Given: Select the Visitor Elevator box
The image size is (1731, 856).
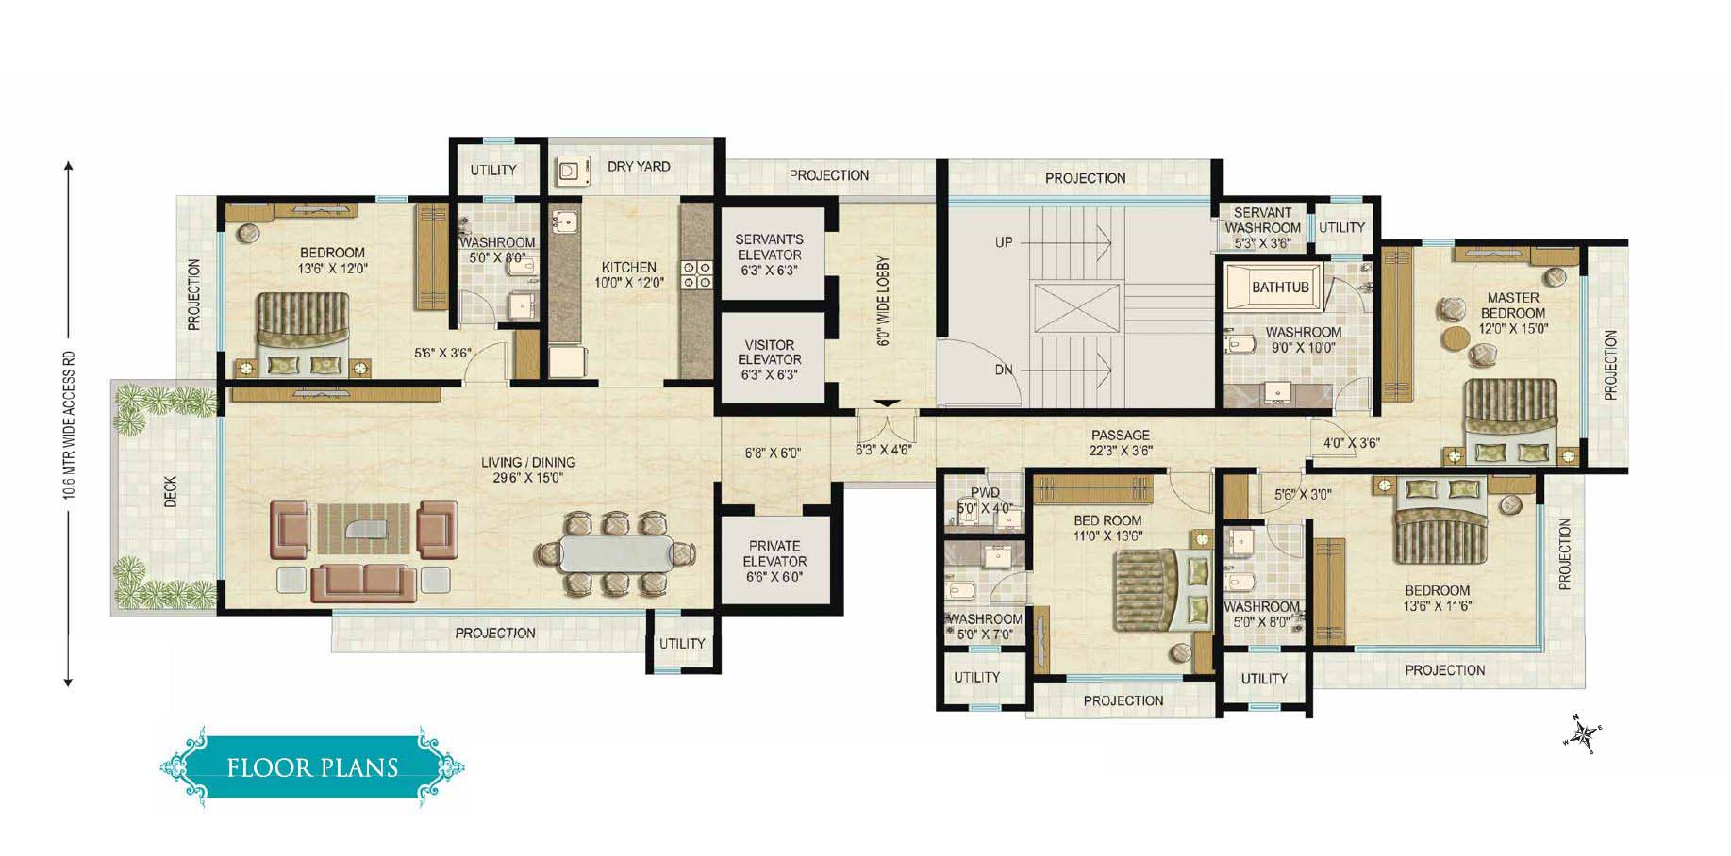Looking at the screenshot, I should pyautogui.click(x=769, y=359).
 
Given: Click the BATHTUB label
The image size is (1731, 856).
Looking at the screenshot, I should pyautogui.click(x=1280, y=287).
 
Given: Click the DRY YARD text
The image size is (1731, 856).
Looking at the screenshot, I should pyautogui.click(x=639, y=166).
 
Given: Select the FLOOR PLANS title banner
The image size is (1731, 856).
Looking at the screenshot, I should pyautogui.click(x=312, y=766).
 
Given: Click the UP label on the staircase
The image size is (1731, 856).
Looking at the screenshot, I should pyautogui.click(x=1004, y=242).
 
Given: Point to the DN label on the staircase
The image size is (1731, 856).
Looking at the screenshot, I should pyautogui.click(x=1004, y=370).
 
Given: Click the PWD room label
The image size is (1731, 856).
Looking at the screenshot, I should pyautogui.click(x=985, y=493).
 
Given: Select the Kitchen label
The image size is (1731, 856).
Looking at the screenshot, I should pyautogui.click(x=629, y=267).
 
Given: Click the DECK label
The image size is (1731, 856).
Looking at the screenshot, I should pyautogui.click(x=171, y=492).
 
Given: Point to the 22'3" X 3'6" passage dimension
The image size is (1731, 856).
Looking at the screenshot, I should pyautogui.click(x=1121, y=451).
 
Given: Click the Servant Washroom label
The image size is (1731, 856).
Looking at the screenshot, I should pyautogui.click(x=1262, y=221).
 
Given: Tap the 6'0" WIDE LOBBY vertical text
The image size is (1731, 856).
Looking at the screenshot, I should pyautogui.click(x=884, y=301).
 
